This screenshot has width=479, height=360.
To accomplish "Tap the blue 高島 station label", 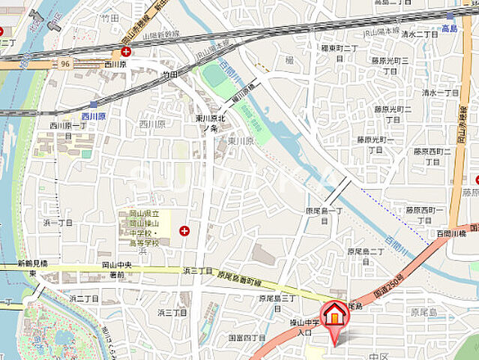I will [449, 27].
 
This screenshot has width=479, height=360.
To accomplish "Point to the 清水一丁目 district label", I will [439, 92].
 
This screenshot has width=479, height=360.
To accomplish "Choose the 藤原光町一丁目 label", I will [375, 144].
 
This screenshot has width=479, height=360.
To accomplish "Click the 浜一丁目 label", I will [58, 222].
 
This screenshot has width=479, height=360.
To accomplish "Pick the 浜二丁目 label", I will [85, 298].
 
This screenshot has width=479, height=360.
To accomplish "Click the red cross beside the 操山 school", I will [184, 231].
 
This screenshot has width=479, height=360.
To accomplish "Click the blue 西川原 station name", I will [94, 117].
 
